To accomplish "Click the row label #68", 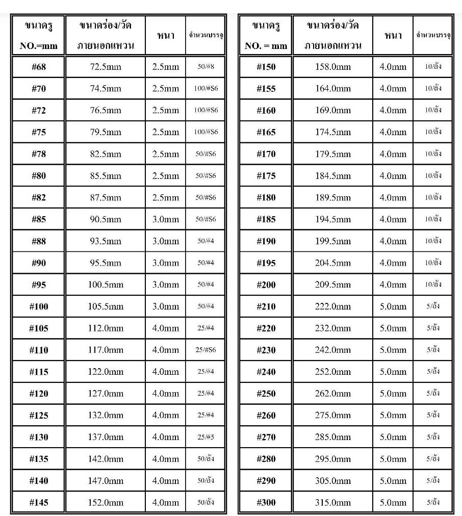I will point(39,67).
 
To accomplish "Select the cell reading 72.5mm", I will point(106,67).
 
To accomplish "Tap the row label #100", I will point(39,306).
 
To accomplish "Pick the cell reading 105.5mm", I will point(106,306).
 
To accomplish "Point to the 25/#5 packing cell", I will point(206,437).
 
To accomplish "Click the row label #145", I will point(39,502).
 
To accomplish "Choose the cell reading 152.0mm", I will point(106,502).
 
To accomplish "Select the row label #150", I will point(266,67).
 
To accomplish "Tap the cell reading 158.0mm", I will point(333,67).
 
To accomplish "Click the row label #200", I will point(266,285).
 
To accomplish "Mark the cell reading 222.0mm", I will point(333,306).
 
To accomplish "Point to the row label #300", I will point(266,502).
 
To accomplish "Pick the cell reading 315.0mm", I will point(333,502).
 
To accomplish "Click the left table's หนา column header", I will point(166,35).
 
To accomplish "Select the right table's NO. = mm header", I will point(266,45).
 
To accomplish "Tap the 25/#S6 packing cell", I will point(206,350).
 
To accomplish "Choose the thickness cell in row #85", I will point(166,219).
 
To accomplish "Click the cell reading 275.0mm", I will point(333,415).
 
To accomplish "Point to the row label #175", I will point(266,176).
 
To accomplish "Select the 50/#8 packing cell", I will point(206,67).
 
